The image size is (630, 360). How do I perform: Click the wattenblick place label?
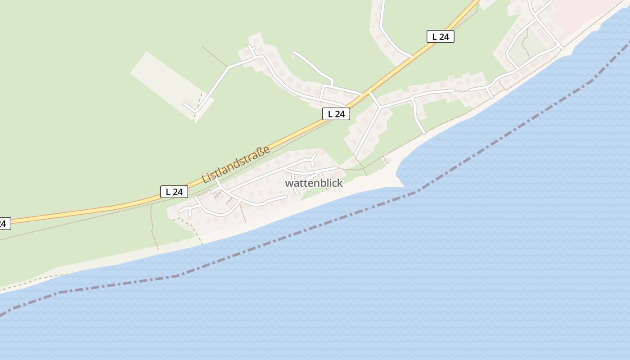pyautogui.click(x=314, y=183)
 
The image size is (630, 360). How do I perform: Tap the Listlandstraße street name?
pyautogui.click(x=236, y=164)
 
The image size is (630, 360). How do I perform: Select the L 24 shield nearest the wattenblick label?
pyautogui.click(x=336, y=114)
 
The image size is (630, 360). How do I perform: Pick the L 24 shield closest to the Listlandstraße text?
pyautogui.click(x=174, y=192)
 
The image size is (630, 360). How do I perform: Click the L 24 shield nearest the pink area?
pyautogui.click(x=440, y=37)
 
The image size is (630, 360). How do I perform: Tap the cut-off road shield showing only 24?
pyautogui.click(x=4, y=223)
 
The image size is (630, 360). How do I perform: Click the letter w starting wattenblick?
pyautogui.click(x=289, y=184)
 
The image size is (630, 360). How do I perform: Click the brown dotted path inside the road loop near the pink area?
pyautogui.click(x=524, y=45)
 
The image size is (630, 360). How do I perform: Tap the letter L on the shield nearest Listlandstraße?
pyautogui.click(x=168, y=192)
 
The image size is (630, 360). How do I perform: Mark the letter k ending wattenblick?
pyautogui.click(x=340, y=183)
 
